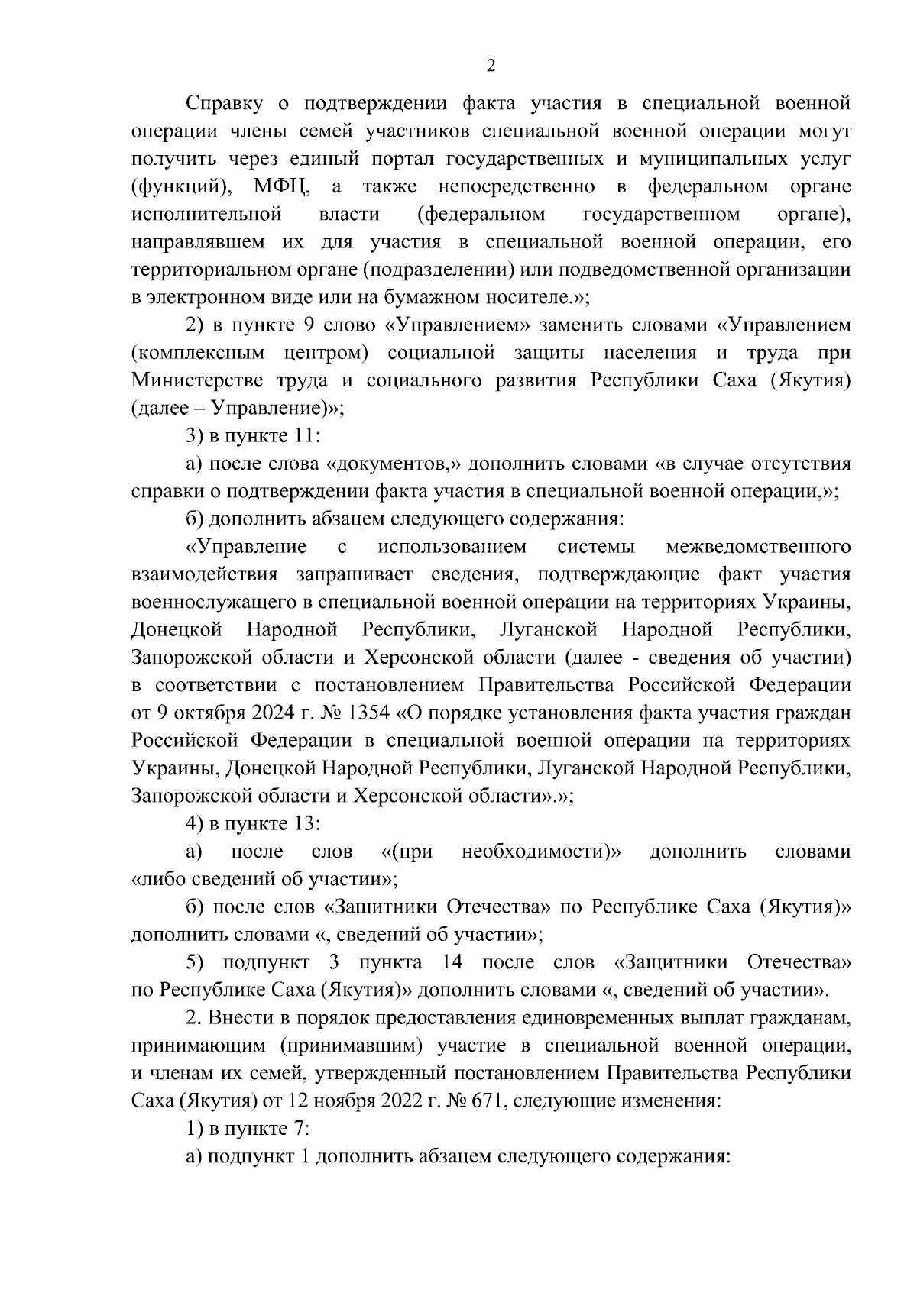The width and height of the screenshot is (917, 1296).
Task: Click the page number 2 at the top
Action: point(491,66)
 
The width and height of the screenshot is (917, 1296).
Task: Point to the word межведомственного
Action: point(759,547)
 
